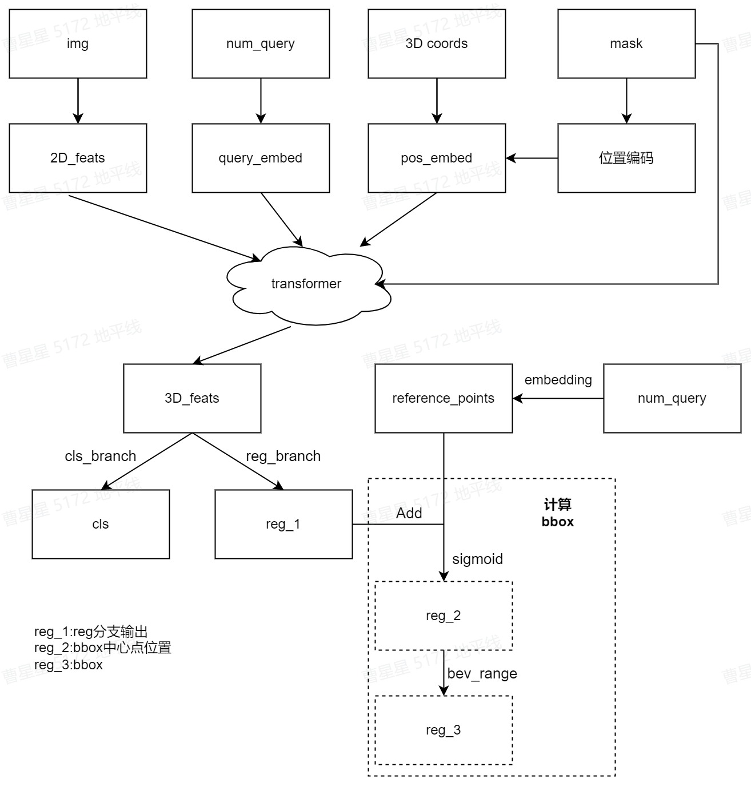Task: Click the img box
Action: click(x=78, y=43)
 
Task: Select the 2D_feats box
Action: click(x=78, y=158)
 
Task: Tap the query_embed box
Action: click(x=261, y=158)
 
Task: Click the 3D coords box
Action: click(x=437, y=43)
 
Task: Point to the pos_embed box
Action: click(x=437, y=158)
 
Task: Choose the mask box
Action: click(x=626, y=43)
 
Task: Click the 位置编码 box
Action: click(x=626, y=158)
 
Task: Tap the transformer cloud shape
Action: click(x=306, y=284)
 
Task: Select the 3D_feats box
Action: click(x=192, y=398)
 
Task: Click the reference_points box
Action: click(x=444, y=398)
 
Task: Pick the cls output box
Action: click(x=101, y=524)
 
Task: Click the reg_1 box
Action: click(x=283, y=524)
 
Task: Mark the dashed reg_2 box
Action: click(x=444, y=616)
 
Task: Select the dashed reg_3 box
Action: click(x=444, y=730)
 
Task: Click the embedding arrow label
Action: click(x=558, y=380)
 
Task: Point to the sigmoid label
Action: click(x=477, y=559)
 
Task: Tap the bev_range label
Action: click(x=482, y=673)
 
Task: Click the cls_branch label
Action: click(x=101, y=456)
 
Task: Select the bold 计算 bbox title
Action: click(x=557, y=513)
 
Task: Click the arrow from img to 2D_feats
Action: click(x=78, y=100)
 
